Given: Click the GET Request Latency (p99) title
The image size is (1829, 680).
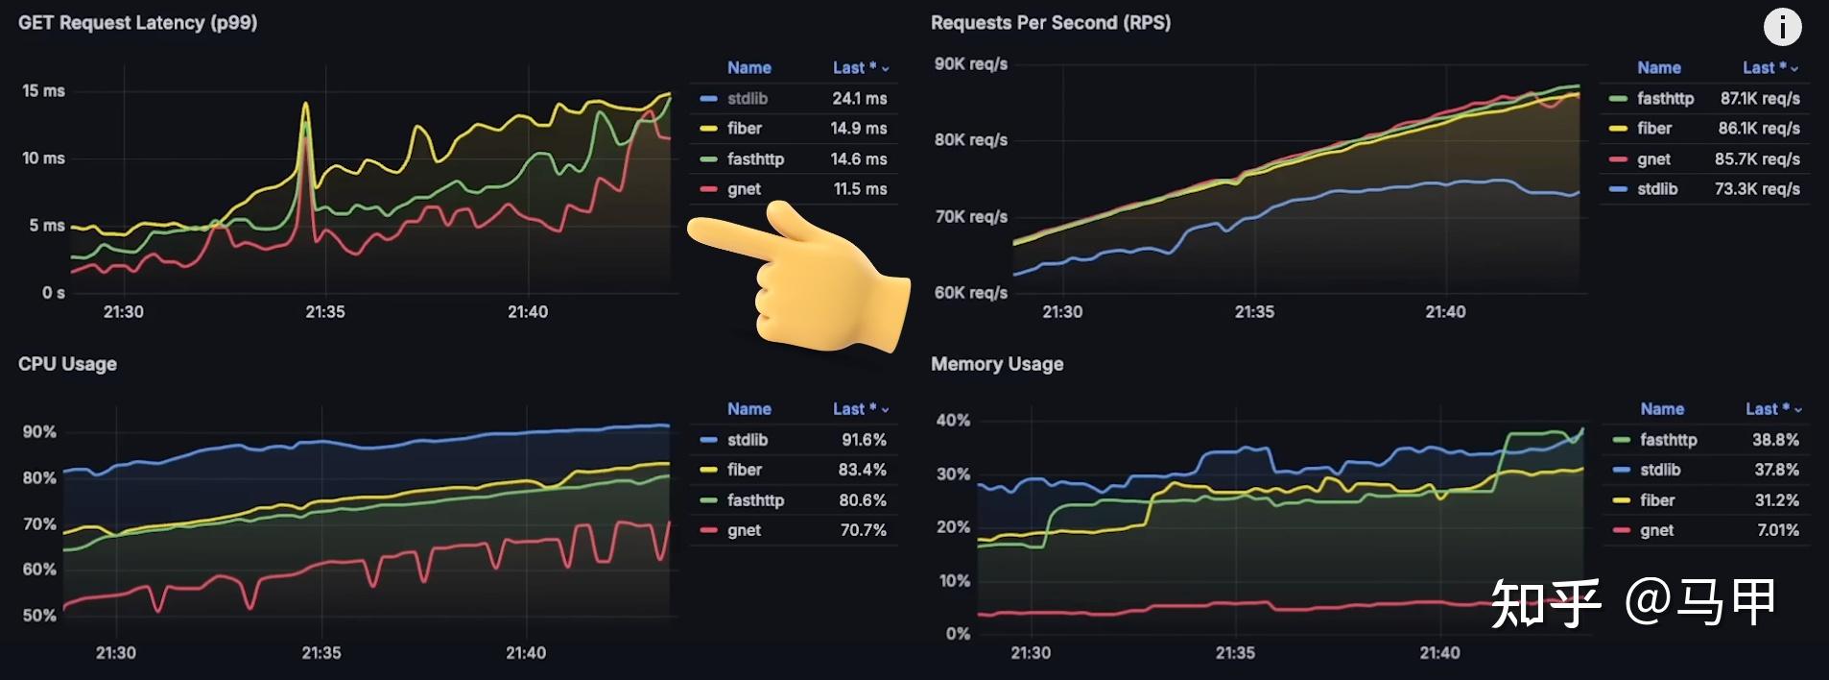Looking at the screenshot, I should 137,23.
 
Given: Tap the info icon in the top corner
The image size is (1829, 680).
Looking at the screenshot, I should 1782,27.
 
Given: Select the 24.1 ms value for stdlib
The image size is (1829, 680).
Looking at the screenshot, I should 859,98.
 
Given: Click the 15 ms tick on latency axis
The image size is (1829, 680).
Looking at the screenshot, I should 43,91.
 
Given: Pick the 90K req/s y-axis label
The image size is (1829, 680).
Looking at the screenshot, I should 970,64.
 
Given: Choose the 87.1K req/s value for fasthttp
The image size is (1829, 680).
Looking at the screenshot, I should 1759,98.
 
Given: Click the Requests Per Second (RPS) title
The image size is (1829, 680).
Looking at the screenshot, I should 1050,23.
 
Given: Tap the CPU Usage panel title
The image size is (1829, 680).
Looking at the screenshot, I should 67,364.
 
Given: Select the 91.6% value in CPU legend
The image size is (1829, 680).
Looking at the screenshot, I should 864,440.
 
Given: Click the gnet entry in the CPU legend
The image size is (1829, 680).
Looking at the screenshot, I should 744,530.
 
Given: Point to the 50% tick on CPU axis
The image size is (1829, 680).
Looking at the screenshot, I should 39,616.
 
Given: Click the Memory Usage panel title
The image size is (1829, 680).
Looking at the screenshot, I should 996,364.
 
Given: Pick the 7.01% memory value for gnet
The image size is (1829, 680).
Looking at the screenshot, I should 1777,530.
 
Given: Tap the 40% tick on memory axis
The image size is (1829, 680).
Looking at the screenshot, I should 953,421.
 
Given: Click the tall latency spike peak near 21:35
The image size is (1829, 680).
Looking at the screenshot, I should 306,104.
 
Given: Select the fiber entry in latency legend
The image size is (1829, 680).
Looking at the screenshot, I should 744,129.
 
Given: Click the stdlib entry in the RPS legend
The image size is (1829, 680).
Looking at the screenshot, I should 1656,189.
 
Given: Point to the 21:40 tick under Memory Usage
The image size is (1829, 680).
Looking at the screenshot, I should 1439,653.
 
